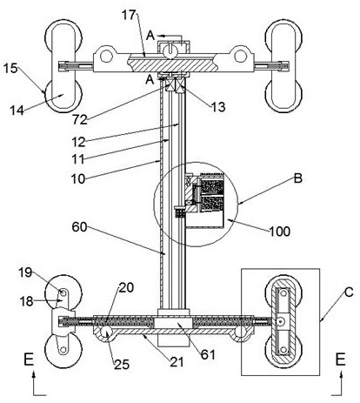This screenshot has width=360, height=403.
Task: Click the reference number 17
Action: coord(129,15)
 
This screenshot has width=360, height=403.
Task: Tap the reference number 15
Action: coord(10,69)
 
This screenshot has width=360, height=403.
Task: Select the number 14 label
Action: coord(17,111)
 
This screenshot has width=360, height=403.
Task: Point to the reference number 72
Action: coord(80,119)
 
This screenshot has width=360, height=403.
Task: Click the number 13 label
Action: coord(217,107)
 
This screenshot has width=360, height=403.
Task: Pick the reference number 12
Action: coord(78,142)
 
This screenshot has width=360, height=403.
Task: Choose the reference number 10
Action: coord(78,178)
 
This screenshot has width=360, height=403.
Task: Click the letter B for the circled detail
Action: coord(298,178)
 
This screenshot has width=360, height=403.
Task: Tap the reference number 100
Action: coord(280,232)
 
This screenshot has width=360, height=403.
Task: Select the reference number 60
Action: coord(79,227)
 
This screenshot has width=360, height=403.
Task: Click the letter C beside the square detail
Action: coord(349,292)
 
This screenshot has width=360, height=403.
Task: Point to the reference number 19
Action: coord(25,272)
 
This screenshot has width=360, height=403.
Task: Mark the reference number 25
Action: coord(122,365)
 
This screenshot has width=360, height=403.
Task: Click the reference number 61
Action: coord(208,354)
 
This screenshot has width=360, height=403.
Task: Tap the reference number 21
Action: coord(177,362)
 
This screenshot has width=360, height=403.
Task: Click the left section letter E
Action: coord(29,359)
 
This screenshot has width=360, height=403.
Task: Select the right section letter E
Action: coord(341,359)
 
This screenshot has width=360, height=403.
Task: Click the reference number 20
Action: coord(126,287)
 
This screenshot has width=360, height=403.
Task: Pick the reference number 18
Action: coord(26,301)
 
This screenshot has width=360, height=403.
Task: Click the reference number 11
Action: coord(78,159)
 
